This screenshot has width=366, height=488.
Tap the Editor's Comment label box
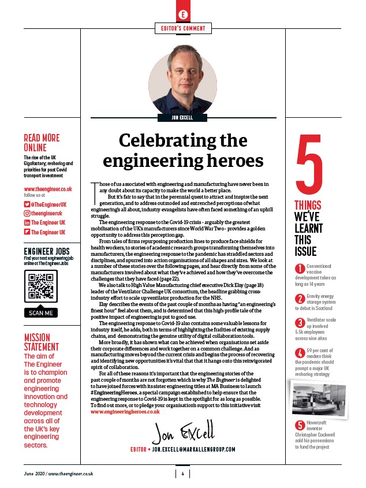coord(183,28)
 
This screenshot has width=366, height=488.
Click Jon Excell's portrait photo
coord(183,82)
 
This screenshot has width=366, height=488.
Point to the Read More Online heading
coord(42,143)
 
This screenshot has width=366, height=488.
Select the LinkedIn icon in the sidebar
coord(27,222)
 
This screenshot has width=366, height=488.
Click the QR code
coord(42,286)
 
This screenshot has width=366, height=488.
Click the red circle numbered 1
coord(300,269)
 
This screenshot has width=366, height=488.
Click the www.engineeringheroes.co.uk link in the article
coord(125,412)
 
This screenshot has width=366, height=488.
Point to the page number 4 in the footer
coord(182,474)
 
